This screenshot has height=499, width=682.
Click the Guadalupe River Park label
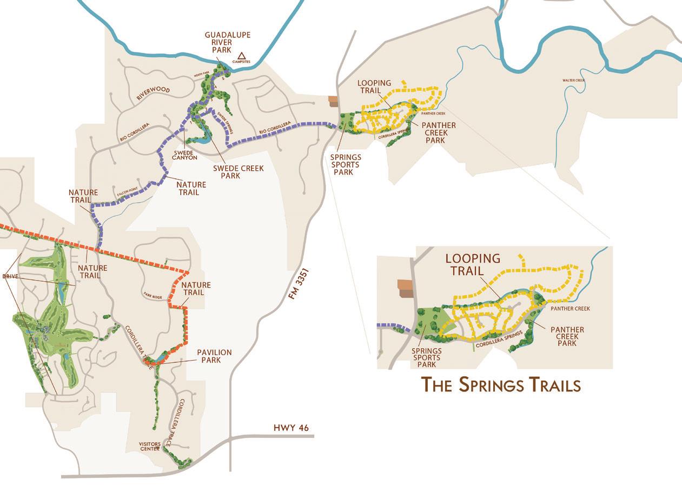point(227,42)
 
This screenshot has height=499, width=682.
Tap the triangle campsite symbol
point(242,55)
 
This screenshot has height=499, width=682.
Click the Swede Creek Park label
point(238,172)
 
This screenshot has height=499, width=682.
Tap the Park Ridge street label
point(153,295)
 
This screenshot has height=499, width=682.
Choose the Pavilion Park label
point(214,356)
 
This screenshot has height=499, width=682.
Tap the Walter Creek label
point(573,81)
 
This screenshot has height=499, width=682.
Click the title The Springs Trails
point(500,385)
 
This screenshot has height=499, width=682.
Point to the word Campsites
point(242,62)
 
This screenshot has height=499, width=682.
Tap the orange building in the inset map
point(405,287)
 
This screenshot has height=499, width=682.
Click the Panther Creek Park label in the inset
point(567,336)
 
